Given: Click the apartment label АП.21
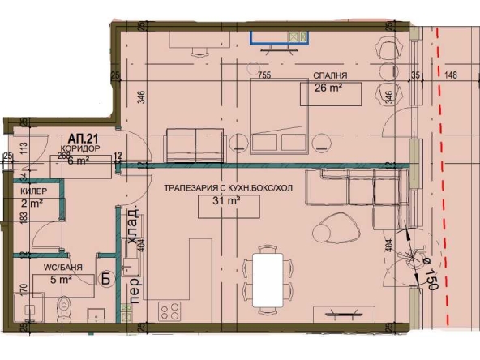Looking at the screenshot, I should (78, 139).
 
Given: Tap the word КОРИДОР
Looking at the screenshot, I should (79, 150).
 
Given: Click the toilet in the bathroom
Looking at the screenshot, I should (65, 309).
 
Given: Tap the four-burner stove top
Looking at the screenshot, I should (169, 311).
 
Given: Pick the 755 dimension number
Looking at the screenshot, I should (264, 75).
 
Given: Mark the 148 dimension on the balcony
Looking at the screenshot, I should (452, 75).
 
